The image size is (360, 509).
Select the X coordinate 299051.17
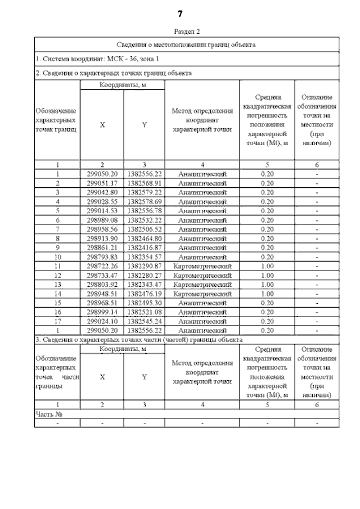[102, 183]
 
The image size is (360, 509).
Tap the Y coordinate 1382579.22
[145, 192]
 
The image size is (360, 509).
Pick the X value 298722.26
[102, 265]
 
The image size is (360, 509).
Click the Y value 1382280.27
[145, 274]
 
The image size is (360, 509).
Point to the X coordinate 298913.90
[102, 238]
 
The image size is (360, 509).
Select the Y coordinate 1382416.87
[145, 247]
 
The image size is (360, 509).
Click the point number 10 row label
[57, 256]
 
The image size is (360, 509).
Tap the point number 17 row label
[57, 321]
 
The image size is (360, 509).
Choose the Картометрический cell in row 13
[202, 284]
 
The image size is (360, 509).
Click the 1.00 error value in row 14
[267, 293]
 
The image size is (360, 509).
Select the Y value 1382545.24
[145, 321]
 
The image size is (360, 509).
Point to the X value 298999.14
[102, 312]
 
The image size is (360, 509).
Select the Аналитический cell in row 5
[202, 211]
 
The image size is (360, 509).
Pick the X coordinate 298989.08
[102, 220]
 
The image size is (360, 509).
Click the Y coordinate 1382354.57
[145, 256]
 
